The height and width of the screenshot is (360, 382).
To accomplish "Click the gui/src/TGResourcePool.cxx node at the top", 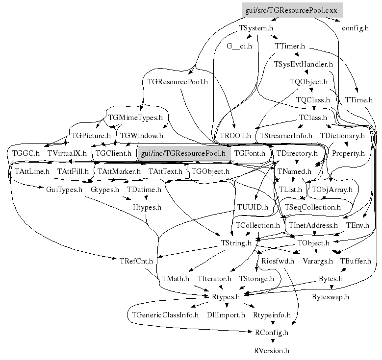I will pyautogui.click(x=292, y=10).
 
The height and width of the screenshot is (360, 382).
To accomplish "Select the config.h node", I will pyautogui.click(x=355, y=28).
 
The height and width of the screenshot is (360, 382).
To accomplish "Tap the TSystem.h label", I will pyautogui.click(x=256, y=28).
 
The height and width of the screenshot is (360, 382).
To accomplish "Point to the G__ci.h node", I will pyautogui.click(x=239, y=47).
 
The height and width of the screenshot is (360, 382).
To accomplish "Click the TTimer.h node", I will pyautogui.click(x=290, y=47).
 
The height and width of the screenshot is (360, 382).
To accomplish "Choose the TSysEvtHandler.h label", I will pyautogui.click(x=304, y=64).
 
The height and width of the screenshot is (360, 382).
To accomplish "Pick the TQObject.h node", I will pyautogui.click(x=308, y=82).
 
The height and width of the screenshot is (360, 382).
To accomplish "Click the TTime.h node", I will pyautogui.click(x=359, y=100).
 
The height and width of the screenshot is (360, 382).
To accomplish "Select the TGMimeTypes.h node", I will pyautogui.click(x=135, y=118).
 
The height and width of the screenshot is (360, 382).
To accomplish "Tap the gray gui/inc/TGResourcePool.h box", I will pyautogui.click(x=183, y=153).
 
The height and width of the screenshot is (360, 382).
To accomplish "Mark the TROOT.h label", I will pyautogui.click(x=235, y=135).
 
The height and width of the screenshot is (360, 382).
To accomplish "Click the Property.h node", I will pyautogui.click(x=348, y=153).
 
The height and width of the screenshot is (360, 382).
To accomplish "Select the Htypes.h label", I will pyautogui.click(x=147, y=207).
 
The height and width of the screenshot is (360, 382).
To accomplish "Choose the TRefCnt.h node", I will pyautogui.click(x=137, y=261).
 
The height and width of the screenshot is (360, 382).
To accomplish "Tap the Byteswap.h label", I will pyautogui.click(x=331, y=297).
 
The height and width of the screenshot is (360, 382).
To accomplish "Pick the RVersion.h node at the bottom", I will pyautogui.click(x=272, y=351).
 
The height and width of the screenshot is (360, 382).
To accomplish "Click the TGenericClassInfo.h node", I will pyautogui.click(x=165, y=314).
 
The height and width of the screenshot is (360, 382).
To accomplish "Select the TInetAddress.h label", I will pyautogui.click(x=313, y=225).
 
